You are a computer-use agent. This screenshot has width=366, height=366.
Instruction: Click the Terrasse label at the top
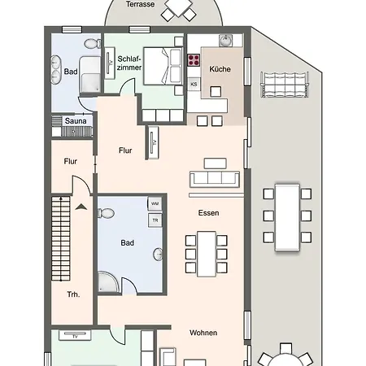pyautogui.click(x=141, y=4)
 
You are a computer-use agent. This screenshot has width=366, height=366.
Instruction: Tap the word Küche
pyautogui.click(x=220, y=69)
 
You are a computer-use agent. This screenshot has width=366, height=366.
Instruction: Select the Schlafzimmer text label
pyautogui.click(x=129, y=63)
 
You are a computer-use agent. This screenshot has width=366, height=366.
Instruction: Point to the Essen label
pyautogui.click(x=209, y=212)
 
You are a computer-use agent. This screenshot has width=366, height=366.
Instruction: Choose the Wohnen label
pyautogui.click(x=203, y=333)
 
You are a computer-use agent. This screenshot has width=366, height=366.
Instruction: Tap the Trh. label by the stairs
pyautogui.click(x=74, y=294)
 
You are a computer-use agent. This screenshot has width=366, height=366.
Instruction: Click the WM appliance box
pyautogui.click(x=154, y=203)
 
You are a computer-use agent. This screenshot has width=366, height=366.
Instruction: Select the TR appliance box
pyautogui.click(x=154, y=220)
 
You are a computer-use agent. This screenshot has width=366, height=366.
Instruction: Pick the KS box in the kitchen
pyautogui.click(x=194, y=84)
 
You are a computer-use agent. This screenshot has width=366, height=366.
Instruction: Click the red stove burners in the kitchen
pyautogui.click(x=194, y=59)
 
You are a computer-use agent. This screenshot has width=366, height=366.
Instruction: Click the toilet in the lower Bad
pyautogui.click(x=105, y=214)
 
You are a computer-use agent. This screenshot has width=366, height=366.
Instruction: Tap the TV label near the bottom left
pyautogui.click(x=75, y=335)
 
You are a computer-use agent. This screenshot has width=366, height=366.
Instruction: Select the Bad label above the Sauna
pyautogui.click(x=71, y=71)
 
